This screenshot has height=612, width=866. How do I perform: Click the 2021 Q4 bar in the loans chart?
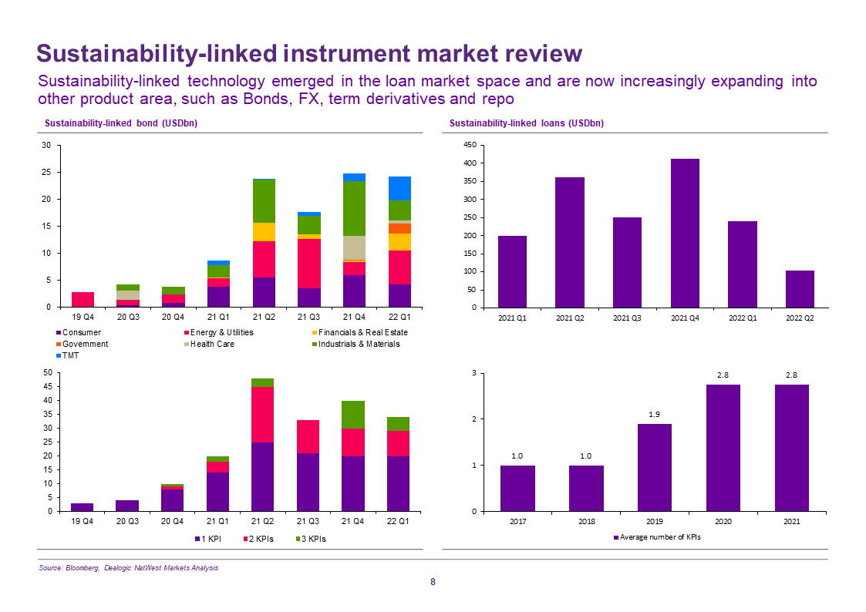pos(685,233)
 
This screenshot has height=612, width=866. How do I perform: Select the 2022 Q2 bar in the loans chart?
pos(800,289)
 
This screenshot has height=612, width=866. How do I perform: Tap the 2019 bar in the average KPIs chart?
pos(654,467)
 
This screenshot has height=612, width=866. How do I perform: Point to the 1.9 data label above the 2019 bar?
pos(654,415)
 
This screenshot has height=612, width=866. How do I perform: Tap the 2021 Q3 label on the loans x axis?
pos(627,318)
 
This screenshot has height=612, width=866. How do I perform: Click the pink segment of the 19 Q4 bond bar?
pos(83,299)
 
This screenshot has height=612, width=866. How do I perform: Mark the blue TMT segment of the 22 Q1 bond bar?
pos(399,188)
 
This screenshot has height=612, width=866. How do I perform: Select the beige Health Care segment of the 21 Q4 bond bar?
pos(354,247)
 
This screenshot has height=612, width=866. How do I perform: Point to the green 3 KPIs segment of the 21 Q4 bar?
pos(354,415)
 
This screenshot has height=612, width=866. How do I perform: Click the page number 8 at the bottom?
pos(433,582)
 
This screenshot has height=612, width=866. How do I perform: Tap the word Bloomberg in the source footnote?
pos(82,568)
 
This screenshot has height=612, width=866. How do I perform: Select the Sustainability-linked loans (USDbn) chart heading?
pos(527,123)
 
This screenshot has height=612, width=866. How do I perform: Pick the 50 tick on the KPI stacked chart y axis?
pos(47,373)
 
